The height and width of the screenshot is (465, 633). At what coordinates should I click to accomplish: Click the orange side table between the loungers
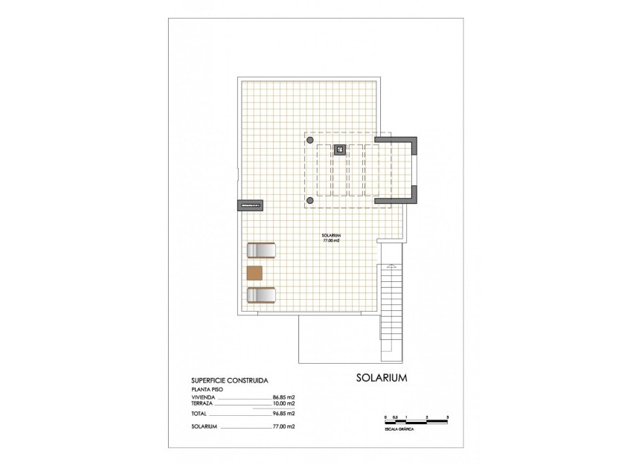pos(254,272)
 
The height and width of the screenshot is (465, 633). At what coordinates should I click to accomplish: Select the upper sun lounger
pos(261,250)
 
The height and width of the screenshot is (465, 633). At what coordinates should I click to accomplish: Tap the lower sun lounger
pos(261,295)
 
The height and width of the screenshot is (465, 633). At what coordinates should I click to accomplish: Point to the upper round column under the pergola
pos(310,140)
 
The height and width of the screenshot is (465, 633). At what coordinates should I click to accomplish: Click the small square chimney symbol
pos(339,149)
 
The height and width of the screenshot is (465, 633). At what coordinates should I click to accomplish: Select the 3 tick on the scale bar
pos(448,418)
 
